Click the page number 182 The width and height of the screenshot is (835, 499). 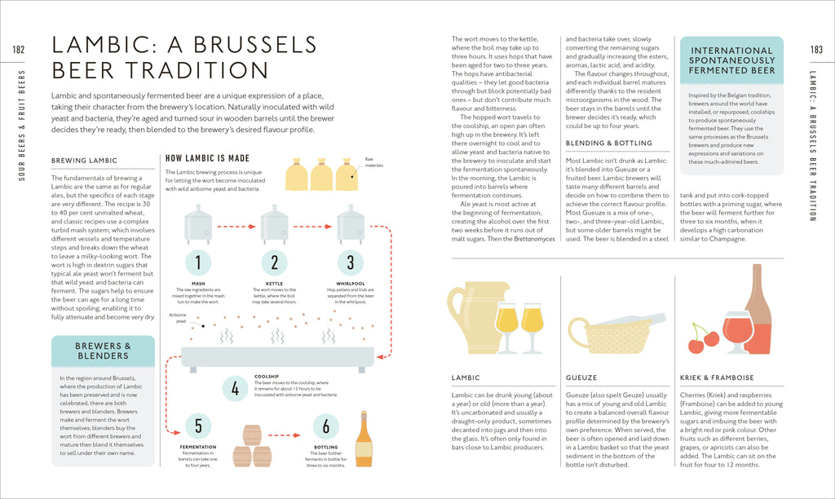click(x=19, y=51)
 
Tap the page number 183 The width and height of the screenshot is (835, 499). click(x=816, y=51)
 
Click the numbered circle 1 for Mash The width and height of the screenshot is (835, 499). click(x=198, y=262)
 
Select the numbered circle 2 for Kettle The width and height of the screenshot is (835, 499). click(x=275, y=262)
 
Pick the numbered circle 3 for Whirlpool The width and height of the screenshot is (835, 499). click(x=351, y=262)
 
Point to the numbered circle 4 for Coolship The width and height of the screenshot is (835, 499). click(x=235, y=389)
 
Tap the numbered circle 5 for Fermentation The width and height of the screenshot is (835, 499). click(x=198, y=426)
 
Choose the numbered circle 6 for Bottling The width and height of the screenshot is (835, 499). click(x=326, y=426)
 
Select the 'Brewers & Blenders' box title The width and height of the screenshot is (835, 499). click(x=104, y=351)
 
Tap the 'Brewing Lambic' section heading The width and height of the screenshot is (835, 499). click(x=84, y=161)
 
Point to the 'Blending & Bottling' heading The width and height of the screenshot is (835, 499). click(x=609, y=144)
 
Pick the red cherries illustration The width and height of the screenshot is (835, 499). click(x=703, y=339)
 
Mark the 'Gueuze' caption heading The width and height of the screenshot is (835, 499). click(x=581, y=378)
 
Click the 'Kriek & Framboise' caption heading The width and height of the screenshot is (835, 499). click(x=717, y=378)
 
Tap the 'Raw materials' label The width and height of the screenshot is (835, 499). click(x=373, y=162)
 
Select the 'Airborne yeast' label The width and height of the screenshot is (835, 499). click(x=177, y=318)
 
